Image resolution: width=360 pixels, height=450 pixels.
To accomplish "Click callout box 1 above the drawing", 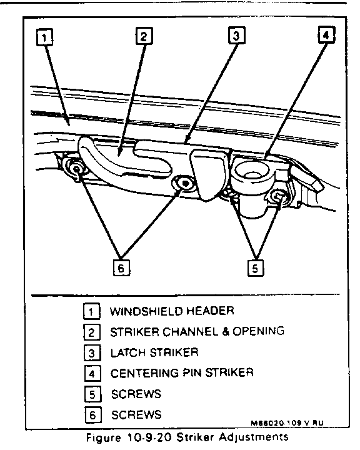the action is tap(44, 37).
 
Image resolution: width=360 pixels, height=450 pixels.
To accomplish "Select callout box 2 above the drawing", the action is tap(144, 36).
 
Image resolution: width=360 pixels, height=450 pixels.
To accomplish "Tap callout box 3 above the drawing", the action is tap(236, 35).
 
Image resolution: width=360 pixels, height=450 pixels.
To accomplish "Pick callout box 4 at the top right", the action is tap(327, 34).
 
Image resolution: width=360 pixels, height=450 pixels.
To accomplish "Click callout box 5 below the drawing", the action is tap(255, 268).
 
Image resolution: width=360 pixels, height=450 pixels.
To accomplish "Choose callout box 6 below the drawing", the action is tap(121, 267).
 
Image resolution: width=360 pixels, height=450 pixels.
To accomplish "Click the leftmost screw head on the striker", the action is tap(76, 169).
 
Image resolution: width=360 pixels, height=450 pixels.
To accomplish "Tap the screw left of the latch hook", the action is tap(184, 182).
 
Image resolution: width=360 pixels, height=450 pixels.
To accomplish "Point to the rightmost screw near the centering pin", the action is tap(277, 197).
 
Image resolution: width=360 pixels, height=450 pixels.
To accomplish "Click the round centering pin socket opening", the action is tap(252, 172).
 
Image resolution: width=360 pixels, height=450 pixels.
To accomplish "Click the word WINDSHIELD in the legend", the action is tap(146, 311).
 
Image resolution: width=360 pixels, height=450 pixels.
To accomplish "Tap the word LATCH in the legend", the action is tap(129, 352).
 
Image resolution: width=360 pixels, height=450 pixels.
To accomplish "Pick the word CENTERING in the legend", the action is tap(145, 373).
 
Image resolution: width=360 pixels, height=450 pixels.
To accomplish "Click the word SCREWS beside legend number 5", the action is tap(136, 394).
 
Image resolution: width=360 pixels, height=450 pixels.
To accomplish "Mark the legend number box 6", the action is tap(93, 415).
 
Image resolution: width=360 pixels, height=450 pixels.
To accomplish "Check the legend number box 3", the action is tap(92, 352).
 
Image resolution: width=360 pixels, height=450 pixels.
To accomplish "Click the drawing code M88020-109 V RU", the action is tap(287, 422).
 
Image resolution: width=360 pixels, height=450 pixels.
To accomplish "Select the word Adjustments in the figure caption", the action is tap(254, 437).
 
